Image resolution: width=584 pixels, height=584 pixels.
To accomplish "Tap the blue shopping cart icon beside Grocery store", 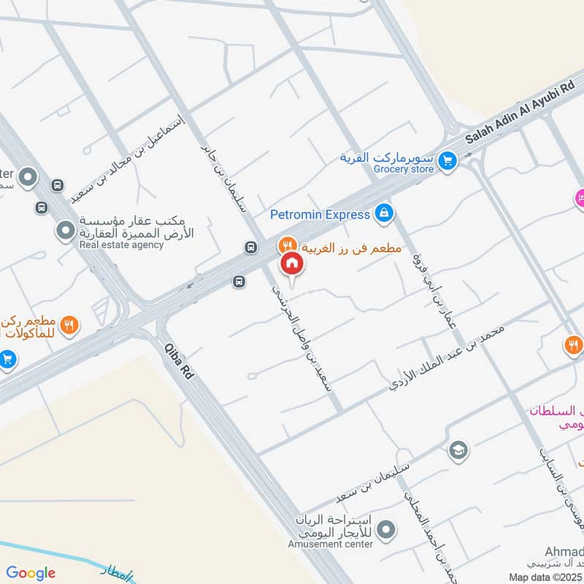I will pos(448,160).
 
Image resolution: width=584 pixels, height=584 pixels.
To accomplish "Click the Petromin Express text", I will pos(320,215).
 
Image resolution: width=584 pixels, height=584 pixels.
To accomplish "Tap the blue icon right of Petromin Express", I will pos(383,214).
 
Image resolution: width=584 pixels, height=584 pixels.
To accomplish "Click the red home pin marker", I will pos(291,263).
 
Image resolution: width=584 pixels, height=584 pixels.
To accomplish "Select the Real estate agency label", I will pos(122,245).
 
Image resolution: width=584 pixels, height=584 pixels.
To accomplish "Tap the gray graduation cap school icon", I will pos(458,449).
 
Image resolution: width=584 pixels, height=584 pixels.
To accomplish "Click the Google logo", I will pos(30,573).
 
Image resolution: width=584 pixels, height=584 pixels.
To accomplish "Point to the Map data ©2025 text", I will pos(545,577).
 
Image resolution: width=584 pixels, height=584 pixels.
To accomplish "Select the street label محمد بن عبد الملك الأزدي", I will pos(446,357).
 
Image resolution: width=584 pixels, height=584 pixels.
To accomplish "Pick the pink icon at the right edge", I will pos(580,196).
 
